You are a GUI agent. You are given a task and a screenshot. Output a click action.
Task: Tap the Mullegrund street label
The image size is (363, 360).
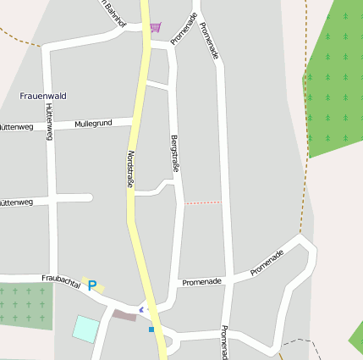(93, 124)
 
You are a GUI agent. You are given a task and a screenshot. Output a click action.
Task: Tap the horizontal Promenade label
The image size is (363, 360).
(201, 281)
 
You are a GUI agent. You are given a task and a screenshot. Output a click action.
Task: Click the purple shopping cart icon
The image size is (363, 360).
(155, 27)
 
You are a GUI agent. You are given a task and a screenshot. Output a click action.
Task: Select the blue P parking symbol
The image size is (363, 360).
(92, 286)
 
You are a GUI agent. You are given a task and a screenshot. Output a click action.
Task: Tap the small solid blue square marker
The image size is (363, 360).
(151, 329)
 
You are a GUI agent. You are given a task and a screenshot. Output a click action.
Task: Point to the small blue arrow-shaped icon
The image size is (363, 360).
(141, 310)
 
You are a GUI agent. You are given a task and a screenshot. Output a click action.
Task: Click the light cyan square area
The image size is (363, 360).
(85, 329)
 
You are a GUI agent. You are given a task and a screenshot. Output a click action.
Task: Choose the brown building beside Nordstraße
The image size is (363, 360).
(124, 315)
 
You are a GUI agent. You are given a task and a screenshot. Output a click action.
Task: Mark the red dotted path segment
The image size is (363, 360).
(202, 202)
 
